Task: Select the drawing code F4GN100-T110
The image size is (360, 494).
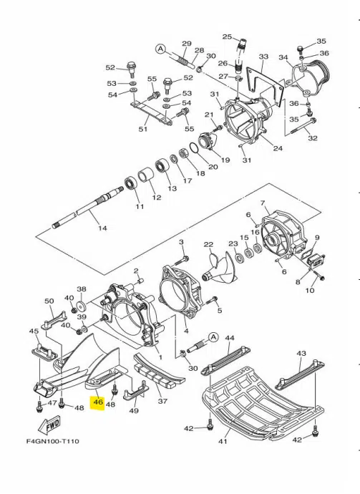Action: pyautogui.click(x=47, y=441)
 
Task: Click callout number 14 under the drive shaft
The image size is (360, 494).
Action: pyautogui.click(x=102, y=228)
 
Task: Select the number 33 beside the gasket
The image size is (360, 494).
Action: pyautogui.click(x=263, y=57)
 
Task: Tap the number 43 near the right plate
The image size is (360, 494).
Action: pyautogui.click(x=301, y=354)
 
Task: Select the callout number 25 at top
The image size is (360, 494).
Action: pyautogui.click(x=227, y=37)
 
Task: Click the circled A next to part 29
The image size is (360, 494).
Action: pyautogui.click(x=160, y=49)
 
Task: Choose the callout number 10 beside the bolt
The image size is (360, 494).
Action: pyautogui.click(x=310, y=291)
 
